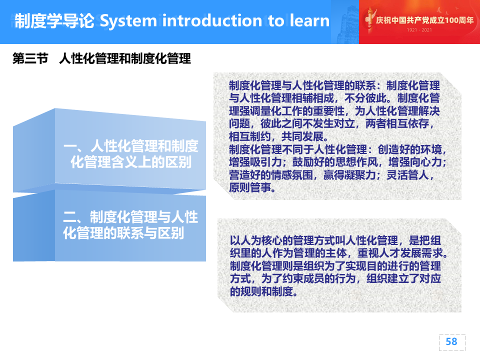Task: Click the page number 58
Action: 451,341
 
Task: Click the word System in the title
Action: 128,21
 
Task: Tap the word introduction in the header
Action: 212,21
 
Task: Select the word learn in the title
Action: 309,20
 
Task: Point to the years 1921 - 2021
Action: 419,30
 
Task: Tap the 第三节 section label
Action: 30,58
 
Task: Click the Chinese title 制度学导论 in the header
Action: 54,21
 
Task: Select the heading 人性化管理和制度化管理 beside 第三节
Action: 125,58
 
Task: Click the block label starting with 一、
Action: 131,154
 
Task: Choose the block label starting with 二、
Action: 130,225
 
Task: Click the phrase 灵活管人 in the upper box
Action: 407,175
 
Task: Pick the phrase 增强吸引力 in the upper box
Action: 255,162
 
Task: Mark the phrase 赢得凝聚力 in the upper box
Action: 349,175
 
